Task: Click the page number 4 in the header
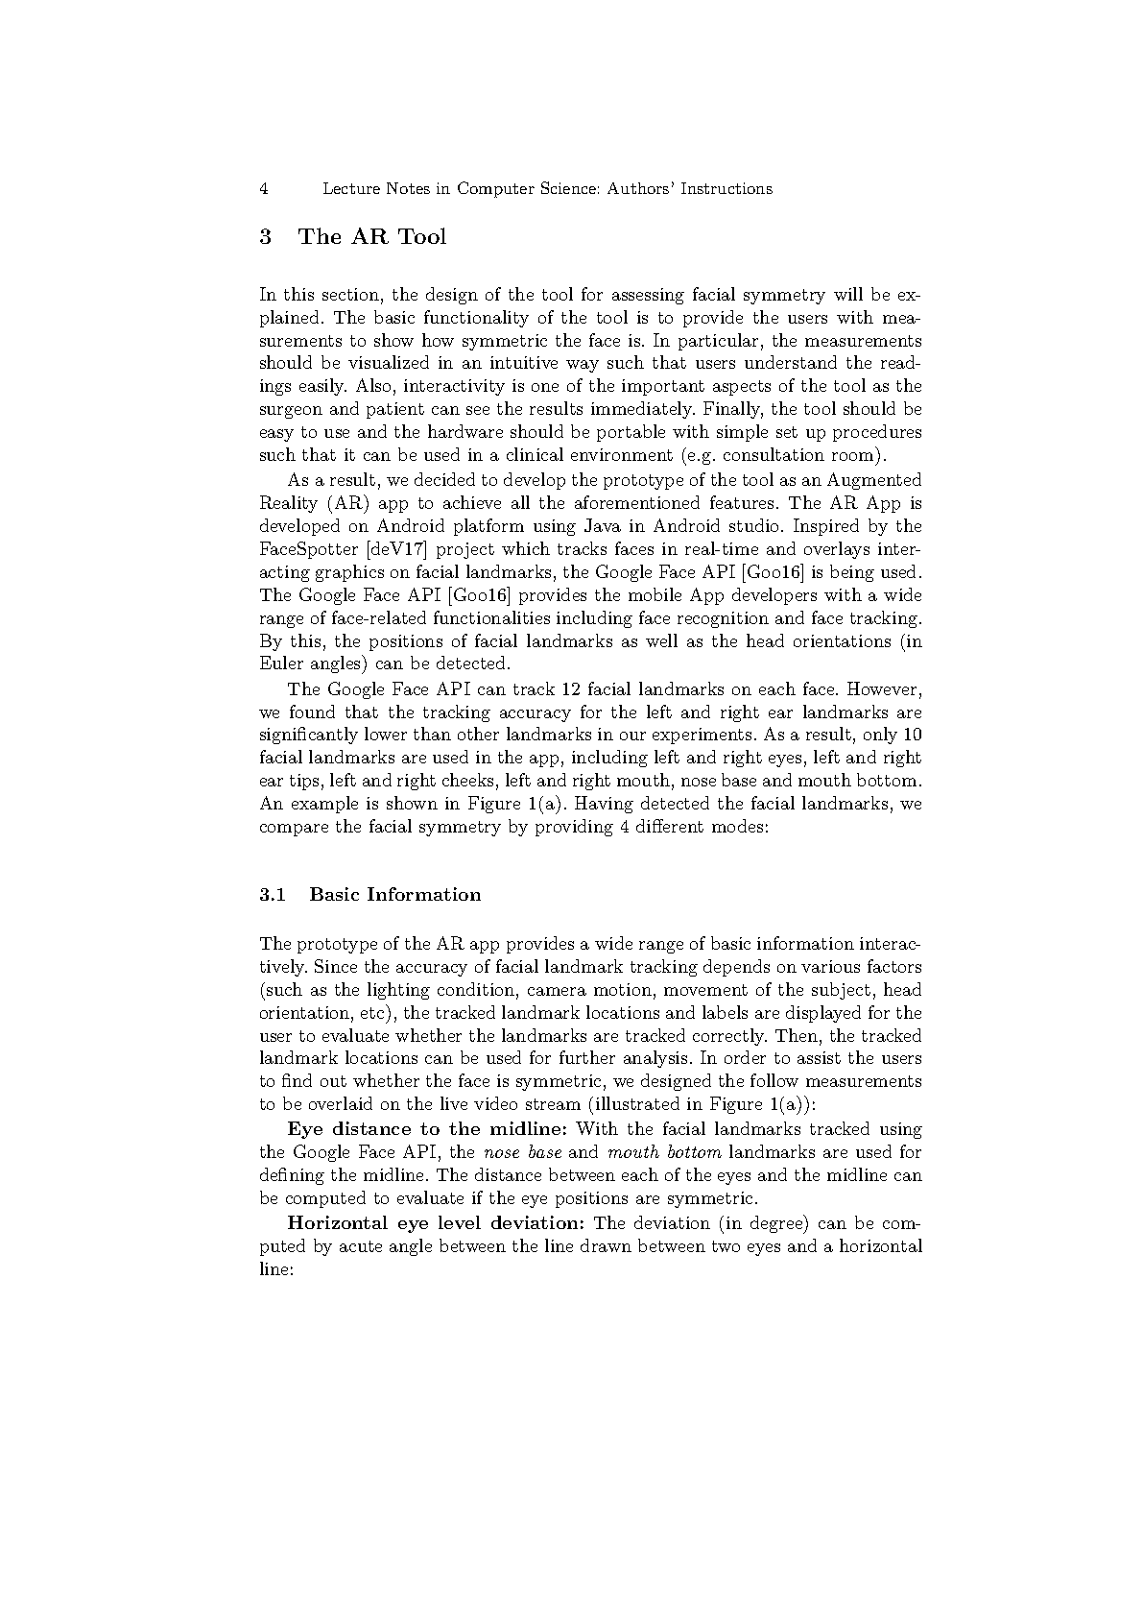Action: [x=263, y=189]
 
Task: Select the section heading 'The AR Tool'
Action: [x=372, y=237]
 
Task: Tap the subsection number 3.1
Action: [x=273, y=895]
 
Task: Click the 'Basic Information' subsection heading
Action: [x=395, y=895]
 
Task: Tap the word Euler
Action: [x=280, y=664]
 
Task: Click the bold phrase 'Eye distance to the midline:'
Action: [x=428, y=1129]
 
